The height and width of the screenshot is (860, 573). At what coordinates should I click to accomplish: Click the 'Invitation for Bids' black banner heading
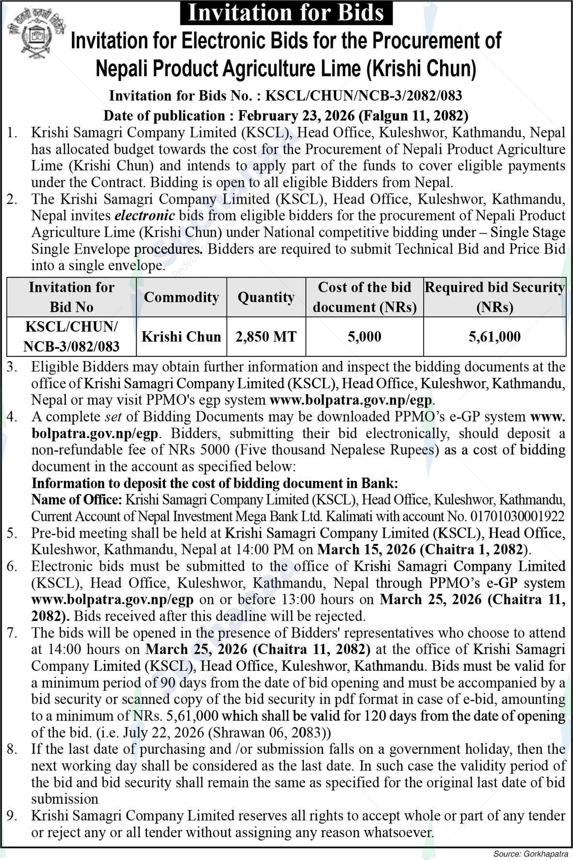point(286,12)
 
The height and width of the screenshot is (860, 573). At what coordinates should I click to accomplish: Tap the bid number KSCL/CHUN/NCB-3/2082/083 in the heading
point(364,96)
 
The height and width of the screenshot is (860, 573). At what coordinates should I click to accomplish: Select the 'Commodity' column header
point(181,297)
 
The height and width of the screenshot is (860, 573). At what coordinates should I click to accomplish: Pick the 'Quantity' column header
point(266,297)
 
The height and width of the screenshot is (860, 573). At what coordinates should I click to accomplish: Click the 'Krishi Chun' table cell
point(181,336)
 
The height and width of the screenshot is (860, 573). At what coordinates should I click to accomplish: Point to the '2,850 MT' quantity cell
point(266,336)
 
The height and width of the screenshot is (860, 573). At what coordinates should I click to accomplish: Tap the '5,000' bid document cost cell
point(364,336)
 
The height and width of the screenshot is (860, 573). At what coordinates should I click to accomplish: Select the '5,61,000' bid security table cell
point(494,336)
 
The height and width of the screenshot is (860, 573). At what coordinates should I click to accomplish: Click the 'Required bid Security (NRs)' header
point(494,297)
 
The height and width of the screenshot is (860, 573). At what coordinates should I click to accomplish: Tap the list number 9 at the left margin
point(12,816)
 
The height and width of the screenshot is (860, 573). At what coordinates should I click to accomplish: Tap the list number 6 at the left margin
point(12,566)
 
